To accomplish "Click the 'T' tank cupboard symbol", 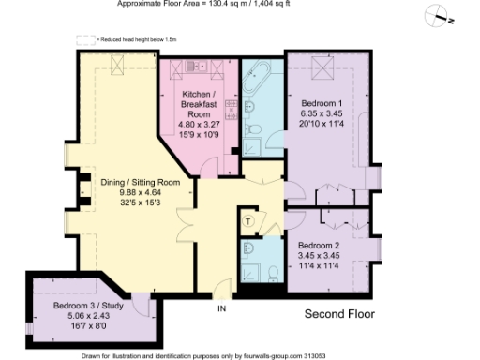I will coord(248,220).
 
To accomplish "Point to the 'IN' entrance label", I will coord(222,308).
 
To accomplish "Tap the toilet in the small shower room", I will coord(271,273).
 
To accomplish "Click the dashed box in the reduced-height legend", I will coord(82,39).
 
